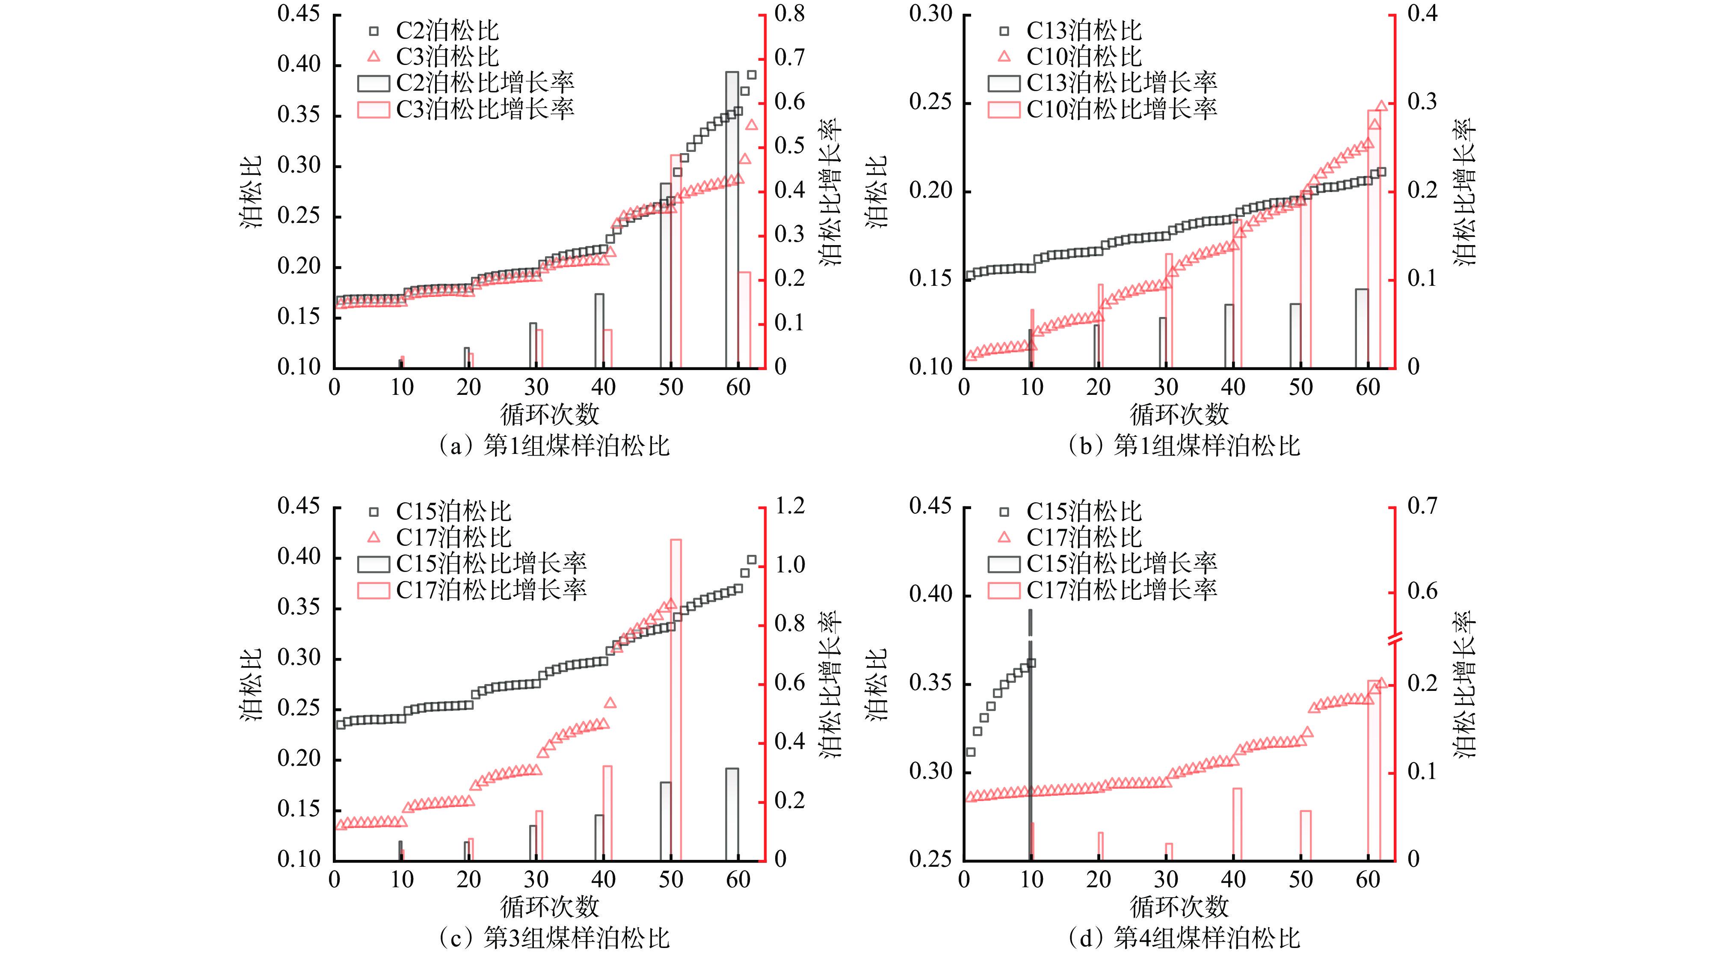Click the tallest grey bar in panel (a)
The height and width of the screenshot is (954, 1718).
[732, 220]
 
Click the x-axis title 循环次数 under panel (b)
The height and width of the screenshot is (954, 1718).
[1179, 414]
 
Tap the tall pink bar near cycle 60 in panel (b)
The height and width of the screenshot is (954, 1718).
[1374, 240]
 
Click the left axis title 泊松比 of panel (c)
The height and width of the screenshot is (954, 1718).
[252, 684]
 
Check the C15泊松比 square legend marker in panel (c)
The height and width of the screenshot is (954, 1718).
[374, 512]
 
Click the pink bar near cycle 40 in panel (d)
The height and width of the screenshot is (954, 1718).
[1237, 824]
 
